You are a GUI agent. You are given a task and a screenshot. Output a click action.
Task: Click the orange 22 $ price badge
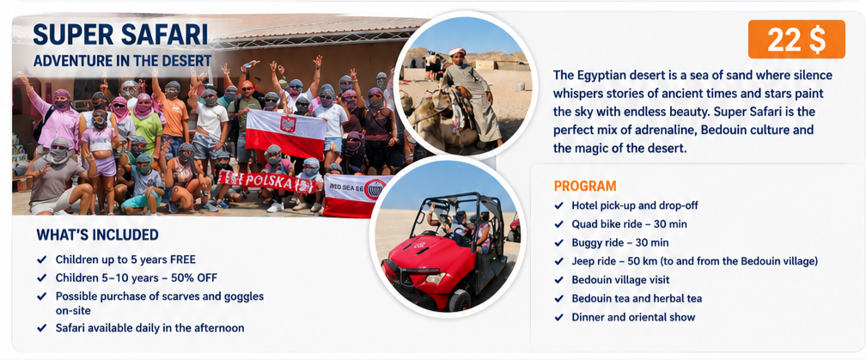796,40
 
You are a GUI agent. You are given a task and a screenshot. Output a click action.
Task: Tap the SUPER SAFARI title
120,34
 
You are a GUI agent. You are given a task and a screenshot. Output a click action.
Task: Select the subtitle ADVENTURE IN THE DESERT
122,60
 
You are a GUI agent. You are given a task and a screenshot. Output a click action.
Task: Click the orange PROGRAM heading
585,186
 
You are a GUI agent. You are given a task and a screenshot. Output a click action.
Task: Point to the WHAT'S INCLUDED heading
97,235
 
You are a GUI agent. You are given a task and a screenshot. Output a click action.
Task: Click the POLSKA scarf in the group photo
270,181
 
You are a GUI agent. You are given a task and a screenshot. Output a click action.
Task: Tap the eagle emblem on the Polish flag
288,124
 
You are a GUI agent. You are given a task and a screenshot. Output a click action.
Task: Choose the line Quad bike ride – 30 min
629,224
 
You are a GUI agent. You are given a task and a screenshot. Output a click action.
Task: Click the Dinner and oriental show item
633,317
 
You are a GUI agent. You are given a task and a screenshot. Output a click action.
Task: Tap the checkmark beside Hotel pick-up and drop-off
559,206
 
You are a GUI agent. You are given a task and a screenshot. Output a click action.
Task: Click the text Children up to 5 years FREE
125,259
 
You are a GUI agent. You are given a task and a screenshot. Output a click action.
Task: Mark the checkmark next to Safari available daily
41,328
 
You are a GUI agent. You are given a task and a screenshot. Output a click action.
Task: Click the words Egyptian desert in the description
620,76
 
